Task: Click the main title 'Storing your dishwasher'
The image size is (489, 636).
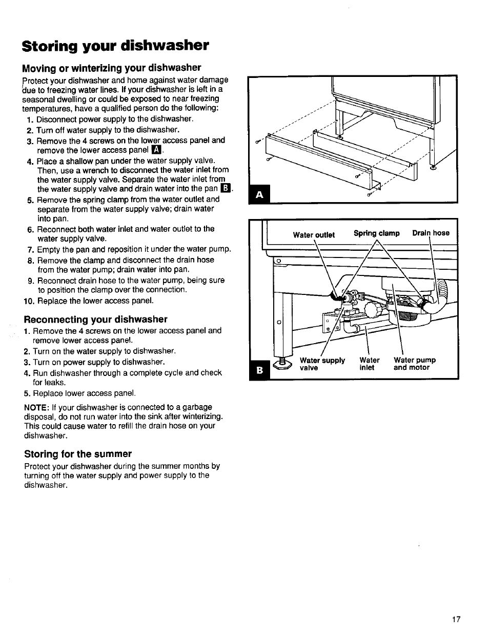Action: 115,46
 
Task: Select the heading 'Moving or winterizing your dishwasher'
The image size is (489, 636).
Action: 111,68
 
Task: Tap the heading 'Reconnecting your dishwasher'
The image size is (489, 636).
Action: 96,319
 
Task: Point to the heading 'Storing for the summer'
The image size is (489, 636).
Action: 78,453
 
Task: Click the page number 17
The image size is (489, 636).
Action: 456,619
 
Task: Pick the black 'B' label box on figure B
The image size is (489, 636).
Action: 259,369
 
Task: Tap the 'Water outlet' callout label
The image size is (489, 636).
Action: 314,235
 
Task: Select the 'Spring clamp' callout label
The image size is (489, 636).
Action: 376,233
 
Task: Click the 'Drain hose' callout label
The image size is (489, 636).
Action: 431,233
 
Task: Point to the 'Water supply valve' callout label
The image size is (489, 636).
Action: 322,364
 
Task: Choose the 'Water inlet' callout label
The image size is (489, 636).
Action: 369,364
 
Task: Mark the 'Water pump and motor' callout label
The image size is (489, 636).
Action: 414,364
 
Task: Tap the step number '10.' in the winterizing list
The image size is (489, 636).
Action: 29,301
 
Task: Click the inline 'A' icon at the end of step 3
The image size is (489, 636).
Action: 156,150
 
